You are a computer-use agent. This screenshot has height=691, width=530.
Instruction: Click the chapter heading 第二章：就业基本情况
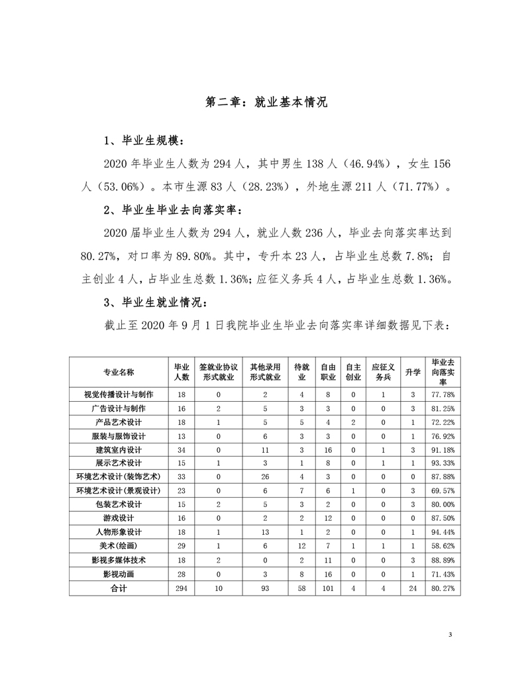[x=265, y=103]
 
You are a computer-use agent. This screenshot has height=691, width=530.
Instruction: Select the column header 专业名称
[x=118, y=372]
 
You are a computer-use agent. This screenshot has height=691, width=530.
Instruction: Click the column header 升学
[x=413, y=372]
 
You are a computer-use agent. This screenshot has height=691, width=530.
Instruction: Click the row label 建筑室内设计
[x=118, y=449]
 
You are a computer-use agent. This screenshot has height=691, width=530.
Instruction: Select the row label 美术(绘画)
[x=118, y=545]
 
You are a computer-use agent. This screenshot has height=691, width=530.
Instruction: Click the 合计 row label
[x=118, y=587]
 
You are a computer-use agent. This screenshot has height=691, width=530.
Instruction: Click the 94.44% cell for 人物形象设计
[x=442, y=531]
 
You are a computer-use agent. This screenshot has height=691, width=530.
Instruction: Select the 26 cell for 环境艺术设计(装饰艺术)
[x=265, y=477]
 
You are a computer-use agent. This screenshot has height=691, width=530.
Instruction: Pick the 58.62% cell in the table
[x=442, y=545]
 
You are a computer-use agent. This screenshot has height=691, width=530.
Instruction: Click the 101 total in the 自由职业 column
[x=327, y=587]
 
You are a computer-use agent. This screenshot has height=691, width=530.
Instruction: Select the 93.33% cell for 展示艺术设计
[x=442, y=463]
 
